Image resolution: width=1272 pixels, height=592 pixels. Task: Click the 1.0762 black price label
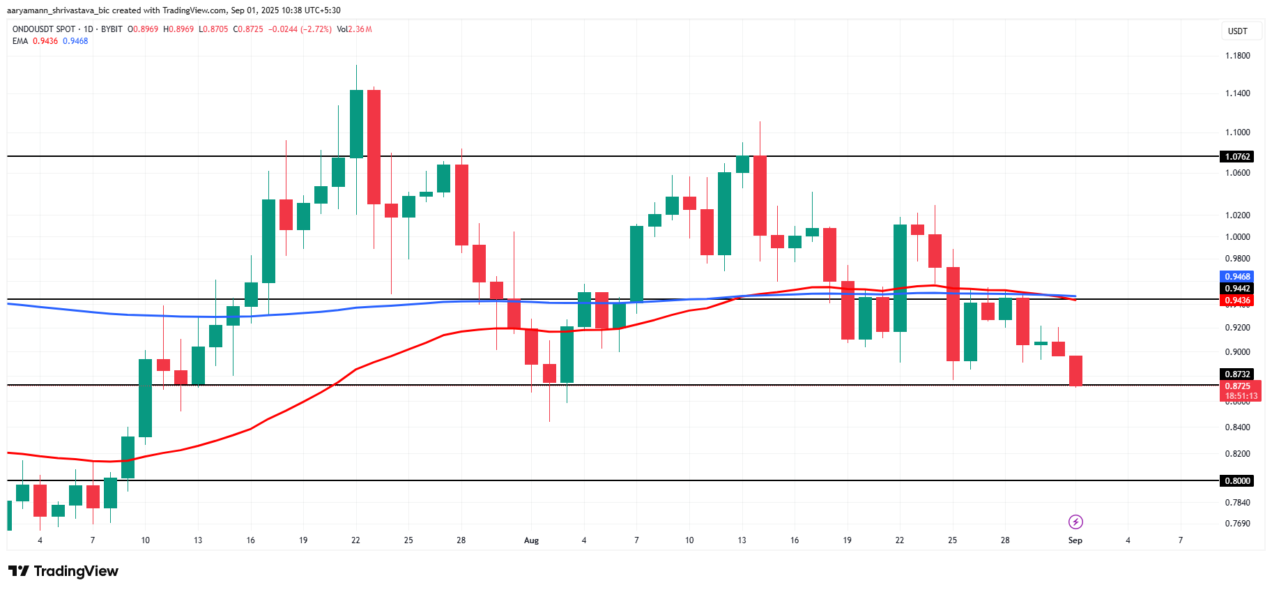coord(1238,157)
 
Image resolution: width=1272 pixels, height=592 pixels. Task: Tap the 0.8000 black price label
coord(1238,480)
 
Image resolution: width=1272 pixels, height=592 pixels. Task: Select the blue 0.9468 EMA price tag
coord(1238,277)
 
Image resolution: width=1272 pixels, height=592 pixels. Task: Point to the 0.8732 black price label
coord(1238,374)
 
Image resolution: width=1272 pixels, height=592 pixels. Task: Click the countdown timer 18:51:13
coord(1241,396)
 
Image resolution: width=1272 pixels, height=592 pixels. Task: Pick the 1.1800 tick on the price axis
coord(1238,56)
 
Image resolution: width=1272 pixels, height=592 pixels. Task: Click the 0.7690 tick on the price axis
coord(1238,524)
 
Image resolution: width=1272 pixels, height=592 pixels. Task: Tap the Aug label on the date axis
coord(531,540)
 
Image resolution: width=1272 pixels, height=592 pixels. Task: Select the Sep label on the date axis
coord(1075,540)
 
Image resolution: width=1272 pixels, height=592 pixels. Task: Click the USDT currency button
coord(1238,31)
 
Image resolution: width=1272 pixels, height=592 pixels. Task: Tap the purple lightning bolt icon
coord(1075,522)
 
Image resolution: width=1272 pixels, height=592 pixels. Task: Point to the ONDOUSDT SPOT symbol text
coord(44,29)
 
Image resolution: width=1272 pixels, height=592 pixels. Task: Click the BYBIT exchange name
coord(112,29)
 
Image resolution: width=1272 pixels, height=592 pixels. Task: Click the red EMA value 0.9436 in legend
coord(45,41)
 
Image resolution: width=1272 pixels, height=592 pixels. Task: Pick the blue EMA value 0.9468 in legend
coord(75,41)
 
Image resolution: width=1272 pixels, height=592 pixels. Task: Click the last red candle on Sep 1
coord(1075,370)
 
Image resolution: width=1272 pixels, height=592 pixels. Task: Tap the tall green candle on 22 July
coord(356,123)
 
